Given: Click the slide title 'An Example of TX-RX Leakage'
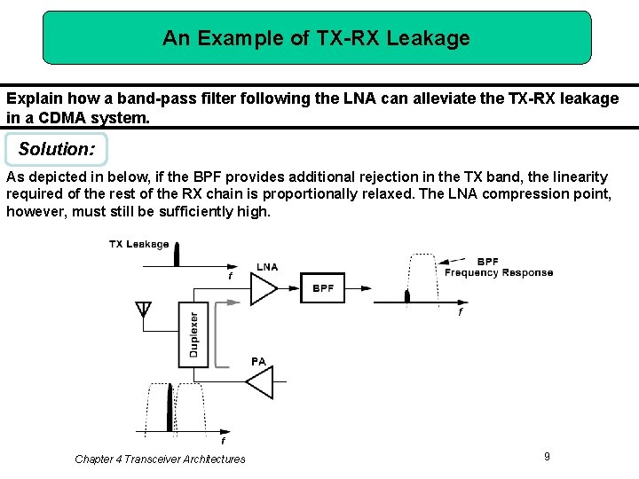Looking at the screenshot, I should click(316, 38).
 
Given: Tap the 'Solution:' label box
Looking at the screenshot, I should click(56, 149).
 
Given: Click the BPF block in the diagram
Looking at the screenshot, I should click(323, 288).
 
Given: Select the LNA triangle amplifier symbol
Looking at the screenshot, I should click(264, 288).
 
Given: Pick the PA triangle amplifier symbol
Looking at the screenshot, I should click(259, 383).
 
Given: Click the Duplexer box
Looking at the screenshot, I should click(193, 335).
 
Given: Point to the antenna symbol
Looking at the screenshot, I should click(143, 310).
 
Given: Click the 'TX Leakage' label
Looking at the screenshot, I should click(138, 244).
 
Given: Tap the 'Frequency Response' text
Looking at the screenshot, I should click(499, 272).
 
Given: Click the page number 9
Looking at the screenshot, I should click(547, 456).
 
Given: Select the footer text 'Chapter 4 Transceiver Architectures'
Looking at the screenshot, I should click(160, 459).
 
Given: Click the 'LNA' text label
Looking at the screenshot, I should click(267, 267).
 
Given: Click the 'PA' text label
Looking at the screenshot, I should click(258, 361).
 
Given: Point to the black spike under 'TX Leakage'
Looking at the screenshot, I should click(177, 254).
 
